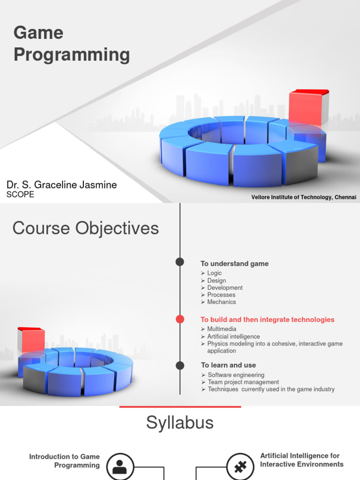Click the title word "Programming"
point(72,55)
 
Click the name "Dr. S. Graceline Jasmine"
point(61,185)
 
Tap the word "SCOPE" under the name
point(20,195)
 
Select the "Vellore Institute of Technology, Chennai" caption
point(303,197)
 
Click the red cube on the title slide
point(308,109)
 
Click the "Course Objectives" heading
point(85,228)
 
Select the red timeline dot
point(180,319)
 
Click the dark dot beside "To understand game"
point(180,262)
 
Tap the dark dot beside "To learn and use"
point(180,365)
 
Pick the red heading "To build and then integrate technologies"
point(267,320)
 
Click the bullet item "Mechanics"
point(221,302)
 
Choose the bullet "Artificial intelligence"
point(233,337)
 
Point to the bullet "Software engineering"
point(236,375)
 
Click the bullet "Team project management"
point(243,382)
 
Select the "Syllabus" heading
point(180,423)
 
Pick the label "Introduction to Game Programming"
point(65,461)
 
